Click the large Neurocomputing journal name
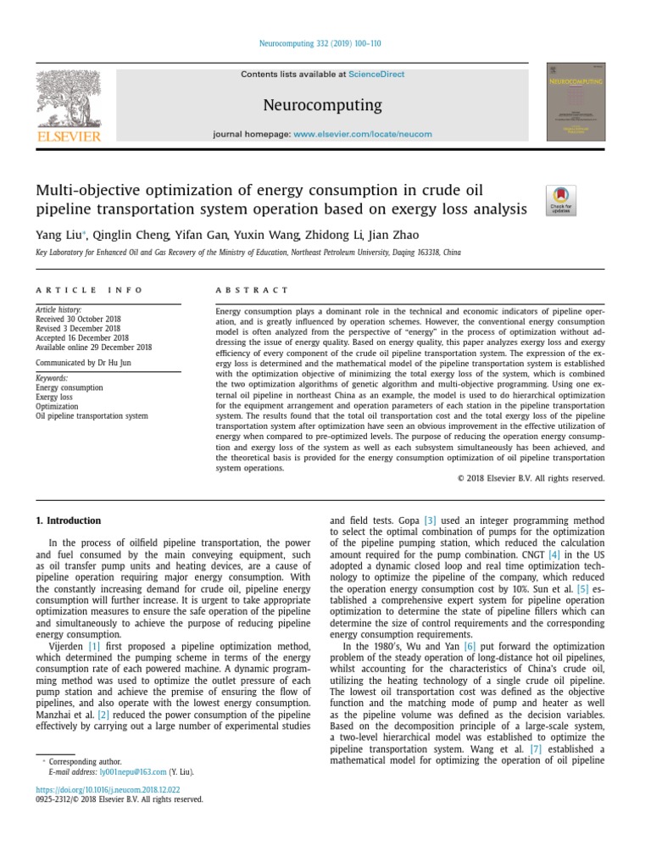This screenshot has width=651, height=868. (x=322, y=105)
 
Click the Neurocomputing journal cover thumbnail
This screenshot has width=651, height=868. (x=576, y=102)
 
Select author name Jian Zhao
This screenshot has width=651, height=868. (x=392, y=235)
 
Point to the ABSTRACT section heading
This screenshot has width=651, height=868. (x=252, y=290)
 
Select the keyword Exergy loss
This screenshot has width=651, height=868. (x=53, y=397)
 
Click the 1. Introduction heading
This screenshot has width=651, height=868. (x=68, y=520)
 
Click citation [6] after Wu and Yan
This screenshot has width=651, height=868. (x=470, y=646)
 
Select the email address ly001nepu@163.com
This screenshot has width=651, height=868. (x=132, y=773)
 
